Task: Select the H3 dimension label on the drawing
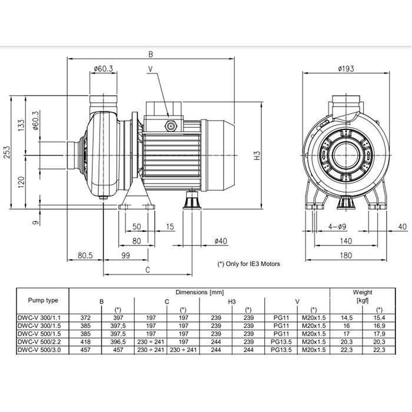(257, 157)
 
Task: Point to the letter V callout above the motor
(151, 69)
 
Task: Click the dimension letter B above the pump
(151, 54)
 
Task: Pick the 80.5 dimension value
(85, 255)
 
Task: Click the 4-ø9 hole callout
(337, 226)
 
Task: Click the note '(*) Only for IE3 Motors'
(249, 264)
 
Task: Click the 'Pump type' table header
(43, 300)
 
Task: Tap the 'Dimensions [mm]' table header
(200, 292)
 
